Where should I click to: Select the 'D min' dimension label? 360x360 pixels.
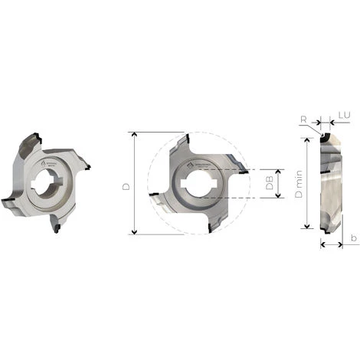coord(297,185)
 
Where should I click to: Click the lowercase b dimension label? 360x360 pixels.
coord(353,239)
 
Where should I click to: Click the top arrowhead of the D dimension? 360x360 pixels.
coord(133,135)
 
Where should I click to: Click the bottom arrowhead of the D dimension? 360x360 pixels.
coord(133,231)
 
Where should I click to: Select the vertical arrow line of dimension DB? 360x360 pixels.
coord(279,184)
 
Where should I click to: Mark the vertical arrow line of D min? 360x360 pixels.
coord(308,184)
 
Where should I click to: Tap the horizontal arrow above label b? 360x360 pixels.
coord(331,245)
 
